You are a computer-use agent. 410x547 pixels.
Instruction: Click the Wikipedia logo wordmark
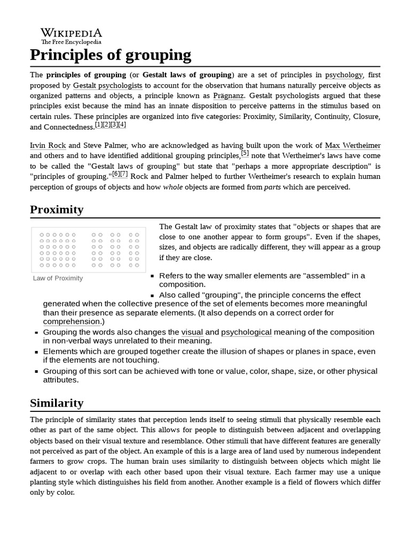point(71,32)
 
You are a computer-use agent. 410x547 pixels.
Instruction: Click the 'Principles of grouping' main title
point(111,54)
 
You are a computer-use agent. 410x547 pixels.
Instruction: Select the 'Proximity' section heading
point(57,209)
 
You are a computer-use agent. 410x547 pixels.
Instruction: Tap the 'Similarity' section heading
point(57,403)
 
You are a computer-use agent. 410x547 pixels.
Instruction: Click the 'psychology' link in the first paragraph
point(344,75)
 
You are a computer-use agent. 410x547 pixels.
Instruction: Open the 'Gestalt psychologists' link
point(107,85)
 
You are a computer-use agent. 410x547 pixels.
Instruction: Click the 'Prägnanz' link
point(228,96)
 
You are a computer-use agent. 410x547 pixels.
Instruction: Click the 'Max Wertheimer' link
point(352,145)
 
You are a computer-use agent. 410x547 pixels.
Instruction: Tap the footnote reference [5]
point(245,153)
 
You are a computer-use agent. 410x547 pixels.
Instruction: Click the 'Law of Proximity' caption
point(58,278)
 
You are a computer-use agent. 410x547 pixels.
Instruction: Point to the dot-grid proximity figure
point(89,249)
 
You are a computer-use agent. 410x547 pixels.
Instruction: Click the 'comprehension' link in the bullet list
point(72,322)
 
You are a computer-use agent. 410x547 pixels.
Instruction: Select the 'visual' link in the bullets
point(192,332)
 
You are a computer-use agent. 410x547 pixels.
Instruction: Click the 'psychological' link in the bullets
point(246,332)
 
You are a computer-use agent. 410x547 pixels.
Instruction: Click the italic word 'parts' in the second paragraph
point(273,187)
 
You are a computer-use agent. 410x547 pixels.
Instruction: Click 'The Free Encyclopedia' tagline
point(71,42)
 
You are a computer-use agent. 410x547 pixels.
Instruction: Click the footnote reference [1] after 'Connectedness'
point(99,125)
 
